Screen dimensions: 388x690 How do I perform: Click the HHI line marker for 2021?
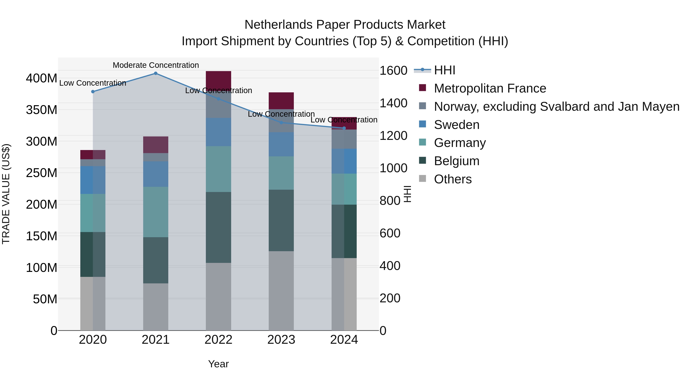coord(156,73)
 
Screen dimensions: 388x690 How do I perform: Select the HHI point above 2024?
coord(344,128)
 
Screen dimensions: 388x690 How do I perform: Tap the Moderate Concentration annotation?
coord(156,65)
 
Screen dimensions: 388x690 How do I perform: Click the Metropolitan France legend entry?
coord(490,88)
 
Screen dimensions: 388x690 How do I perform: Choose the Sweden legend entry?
coord(456,125)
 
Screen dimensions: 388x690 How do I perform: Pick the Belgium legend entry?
coord(456,161)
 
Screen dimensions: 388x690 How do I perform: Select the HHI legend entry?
coord(444,70)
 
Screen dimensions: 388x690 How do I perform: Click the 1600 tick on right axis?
coord(393,71)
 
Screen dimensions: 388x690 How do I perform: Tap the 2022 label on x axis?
coord(218,340)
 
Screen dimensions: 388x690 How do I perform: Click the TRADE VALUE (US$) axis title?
coord(6,194)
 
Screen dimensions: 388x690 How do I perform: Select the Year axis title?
coord(218,364)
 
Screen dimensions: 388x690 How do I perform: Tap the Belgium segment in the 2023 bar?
coord(281,220)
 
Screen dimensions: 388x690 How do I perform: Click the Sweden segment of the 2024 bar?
coord(344,161)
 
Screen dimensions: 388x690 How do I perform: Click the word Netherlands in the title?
coord(278,25)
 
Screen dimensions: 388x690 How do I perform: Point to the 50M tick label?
coord(45,299)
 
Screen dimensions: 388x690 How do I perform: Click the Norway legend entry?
coord(556,107)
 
